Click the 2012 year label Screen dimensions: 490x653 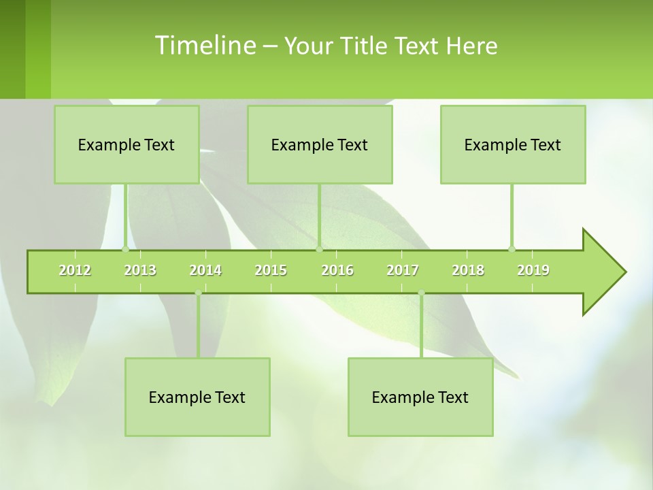[x=75, y=270]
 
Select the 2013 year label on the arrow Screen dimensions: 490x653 [x=140, y=270]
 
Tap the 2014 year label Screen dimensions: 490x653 [x=205, y=270]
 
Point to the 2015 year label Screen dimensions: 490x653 [x=271, y=270]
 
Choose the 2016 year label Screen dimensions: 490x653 [x=337, y=270]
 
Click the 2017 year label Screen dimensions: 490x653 [x=403, y=270]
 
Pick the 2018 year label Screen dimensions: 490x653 [x=468, y=270]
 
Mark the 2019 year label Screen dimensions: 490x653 [x=533, y=270]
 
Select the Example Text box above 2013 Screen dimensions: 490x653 [x=127, y=144]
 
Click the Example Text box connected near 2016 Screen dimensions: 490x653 [x=320, y=144]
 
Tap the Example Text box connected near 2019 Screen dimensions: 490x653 [x=513, y=144]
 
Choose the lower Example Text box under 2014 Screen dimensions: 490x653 [x=197, y=397]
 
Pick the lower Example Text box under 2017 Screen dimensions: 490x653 [x=420, y=397]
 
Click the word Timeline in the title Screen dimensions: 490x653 [x=205, y=46]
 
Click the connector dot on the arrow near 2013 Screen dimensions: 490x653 [x=125, y=249]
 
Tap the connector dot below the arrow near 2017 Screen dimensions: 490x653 [x=421, y=293]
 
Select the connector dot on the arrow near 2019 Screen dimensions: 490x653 [x=512, y=249]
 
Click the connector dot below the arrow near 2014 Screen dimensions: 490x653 [x=198, y=293]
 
